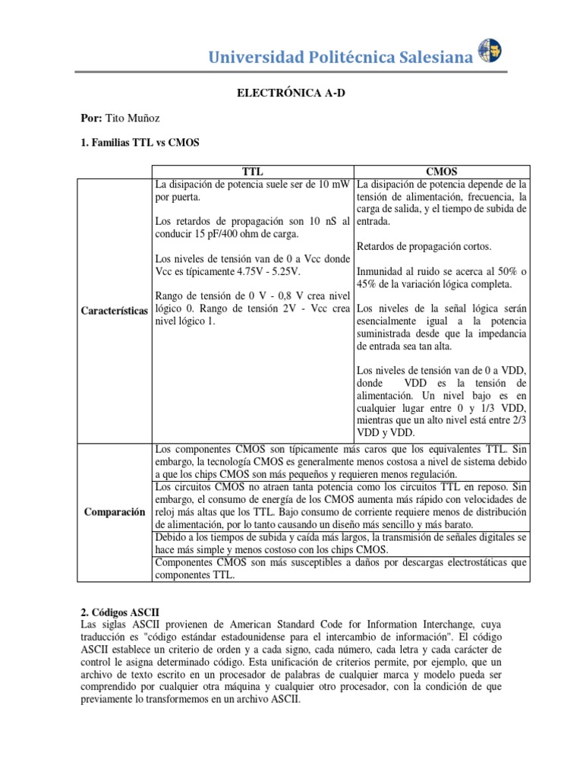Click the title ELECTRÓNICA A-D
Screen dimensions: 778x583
tap(291, 92)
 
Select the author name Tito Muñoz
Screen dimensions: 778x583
tap(138, 119)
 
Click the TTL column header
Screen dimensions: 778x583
tap(253, 172)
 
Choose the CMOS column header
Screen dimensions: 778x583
tap(442, 172)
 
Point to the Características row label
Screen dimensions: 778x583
tap(114, 312)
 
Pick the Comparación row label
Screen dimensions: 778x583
tap(114, 512)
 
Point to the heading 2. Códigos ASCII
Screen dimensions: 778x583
tap(120, 612)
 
